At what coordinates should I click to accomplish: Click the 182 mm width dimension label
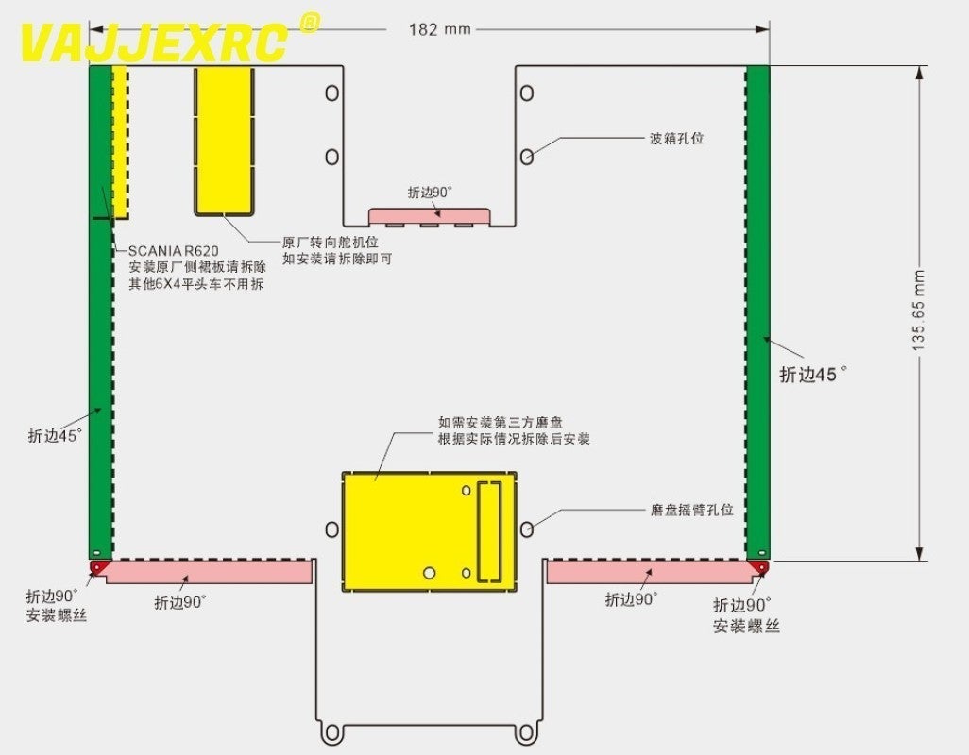pos(439,29)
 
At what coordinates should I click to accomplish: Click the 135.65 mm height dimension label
pos(919,311)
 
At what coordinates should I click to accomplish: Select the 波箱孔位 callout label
pos(676,139)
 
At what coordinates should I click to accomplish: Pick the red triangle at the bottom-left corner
pos(96,566)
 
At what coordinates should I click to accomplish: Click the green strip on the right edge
pos(756,311)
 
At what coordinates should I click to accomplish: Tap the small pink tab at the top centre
pos(430,216)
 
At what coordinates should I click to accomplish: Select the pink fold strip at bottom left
pos(208,571)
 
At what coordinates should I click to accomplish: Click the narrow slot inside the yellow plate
pos(490,529)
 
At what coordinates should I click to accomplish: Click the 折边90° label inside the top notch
pos(430,193)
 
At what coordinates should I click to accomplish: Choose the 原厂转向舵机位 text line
pos(331,242)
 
